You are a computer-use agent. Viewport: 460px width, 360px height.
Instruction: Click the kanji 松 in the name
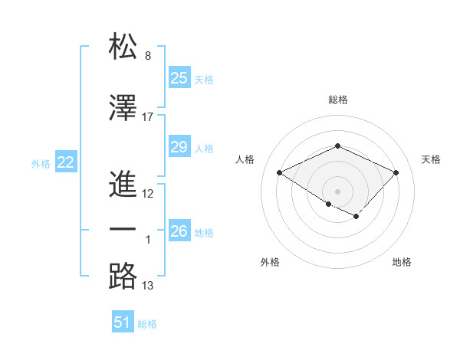coord(123,47)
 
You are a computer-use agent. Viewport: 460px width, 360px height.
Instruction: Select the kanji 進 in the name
coord(123,183)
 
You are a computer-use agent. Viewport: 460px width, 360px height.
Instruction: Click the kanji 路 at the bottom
coord(123,276)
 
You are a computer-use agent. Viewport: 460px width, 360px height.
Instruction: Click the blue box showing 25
coord(179,77)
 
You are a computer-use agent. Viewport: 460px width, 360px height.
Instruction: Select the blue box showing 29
coord(179,147)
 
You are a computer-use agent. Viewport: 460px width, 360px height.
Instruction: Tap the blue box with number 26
coord(179,231)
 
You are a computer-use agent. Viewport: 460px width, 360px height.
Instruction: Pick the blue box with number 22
coord(66,162)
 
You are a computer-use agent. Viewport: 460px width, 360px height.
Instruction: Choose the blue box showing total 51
coord(123,322)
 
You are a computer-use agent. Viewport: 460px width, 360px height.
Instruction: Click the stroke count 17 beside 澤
coord(148,116)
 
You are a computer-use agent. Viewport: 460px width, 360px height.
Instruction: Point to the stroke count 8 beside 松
coord(148,56)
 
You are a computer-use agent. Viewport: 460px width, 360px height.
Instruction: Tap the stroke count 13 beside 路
coord(148,286)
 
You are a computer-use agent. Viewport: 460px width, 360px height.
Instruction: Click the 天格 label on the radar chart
coord(431,159)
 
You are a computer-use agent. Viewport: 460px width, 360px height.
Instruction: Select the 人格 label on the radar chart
coord(245,159)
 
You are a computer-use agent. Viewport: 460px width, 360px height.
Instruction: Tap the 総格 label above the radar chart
coord(338,100)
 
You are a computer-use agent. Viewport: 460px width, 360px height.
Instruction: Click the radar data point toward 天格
coord(396,172)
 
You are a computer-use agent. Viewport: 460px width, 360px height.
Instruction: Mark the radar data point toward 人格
coord(280,172)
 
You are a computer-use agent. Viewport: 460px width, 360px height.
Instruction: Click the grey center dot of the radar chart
coord(337,191)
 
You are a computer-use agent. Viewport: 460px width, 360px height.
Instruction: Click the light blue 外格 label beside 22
coord(41,163)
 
